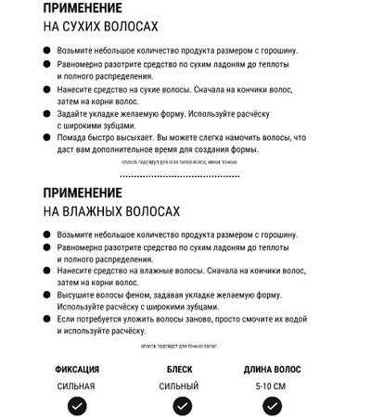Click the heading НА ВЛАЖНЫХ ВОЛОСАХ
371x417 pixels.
pos(111,212)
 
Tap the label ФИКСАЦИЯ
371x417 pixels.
pos(77,369)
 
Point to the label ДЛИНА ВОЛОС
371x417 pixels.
pos(273,369)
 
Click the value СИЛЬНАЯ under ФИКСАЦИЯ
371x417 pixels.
pos(77,385)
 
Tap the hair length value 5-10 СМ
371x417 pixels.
pos(273,385)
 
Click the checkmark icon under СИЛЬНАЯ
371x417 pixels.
pos(78,405)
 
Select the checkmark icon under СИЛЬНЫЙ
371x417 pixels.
pos(182,405)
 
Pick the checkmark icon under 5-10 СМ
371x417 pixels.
pos(273,405)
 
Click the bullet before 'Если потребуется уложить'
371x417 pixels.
pos(47,319)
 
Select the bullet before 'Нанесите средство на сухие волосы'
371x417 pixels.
pos(47,90)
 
